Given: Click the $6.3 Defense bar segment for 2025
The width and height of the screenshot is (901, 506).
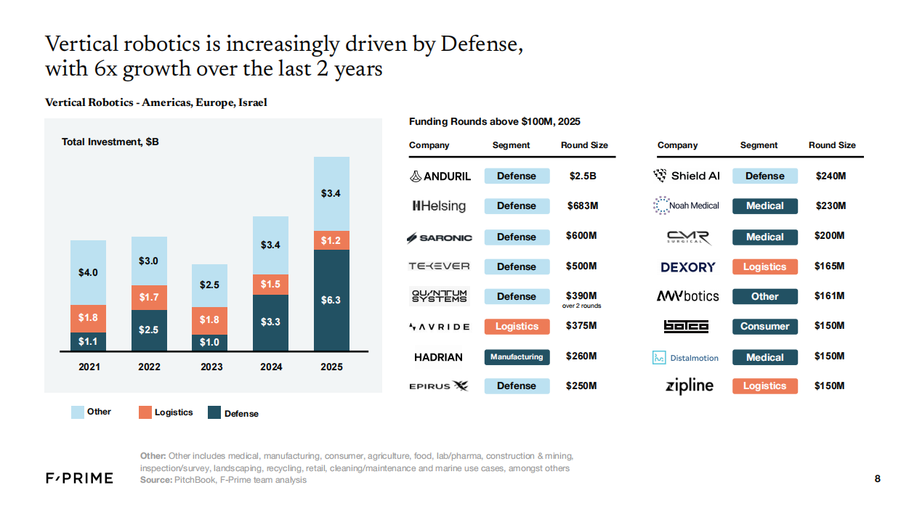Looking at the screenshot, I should (x=331, y=300).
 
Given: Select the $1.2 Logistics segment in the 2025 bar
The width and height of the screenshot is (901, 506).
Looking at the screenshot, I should (x=331, y=240).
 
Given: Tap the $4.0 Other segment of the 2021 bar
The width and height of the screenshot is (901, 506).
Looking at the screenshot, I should (x=89, y=272).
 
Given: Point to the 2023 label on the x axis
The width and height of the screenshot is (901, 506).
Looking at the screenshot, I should (x=211, y=367).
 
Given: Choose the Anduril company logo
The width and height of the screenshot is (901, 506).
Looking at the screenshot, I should (x=440, y=176).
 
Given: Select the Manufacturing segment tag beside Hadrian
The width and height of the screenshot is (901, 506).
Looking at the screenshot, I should (x=517, y=356).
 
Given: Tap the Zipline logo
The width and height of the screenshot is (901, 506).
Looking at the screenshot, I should (x=690, y=386).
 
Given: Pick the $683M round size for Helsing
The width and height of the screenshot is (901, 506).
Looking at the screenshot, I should (x=582, y=206).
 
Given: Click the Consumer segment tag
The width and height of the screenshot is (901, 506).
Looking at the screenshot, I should (x=764, y=327).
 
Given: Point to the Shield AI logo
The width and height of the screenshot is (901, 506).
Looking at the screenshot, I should (x=686, y=176).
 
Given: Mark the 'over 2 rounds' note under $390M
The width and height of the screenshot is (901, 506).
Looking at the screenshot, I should (x=581, y=306).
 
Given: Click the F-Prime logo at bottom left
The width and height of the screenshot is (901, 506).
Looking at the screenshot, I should (x=79, y=478).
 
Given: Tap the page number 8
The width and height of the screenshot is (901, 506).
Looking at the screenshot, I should (x=877, y=478).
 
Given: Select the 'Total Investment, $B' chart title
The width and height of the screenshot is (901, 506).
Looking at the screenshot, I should (x=110, y=142).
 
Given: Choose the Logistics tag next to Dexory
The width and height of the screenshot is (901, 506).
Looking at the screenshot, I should (x=764, y=267).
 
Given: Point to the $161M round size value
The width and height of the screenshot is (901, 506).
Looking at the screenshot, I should (x=830, y=296).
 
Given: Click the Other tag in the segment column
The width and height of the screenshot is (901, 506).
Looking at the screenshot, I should (x=764, y=297).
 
